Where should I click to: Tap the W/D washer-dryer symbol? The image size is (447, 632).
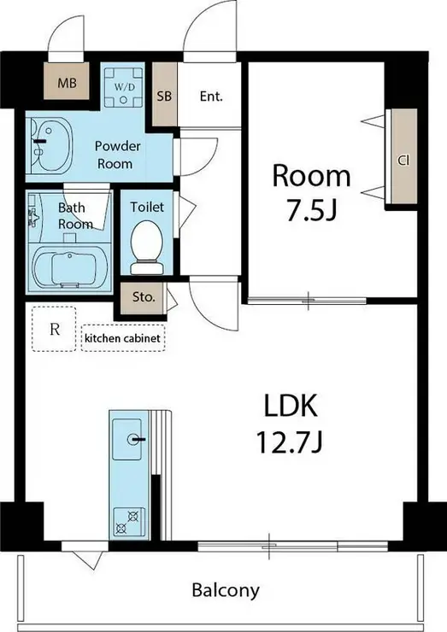coord(123,87)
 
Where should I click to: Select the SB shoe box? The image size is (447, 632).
coord(164,95)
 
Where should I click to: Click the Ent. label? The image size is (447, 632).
coord(211,97)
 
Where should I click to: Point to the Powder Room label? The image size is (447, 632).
coord(117,155)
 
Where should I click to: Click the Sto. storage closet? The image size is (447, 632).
coord(144,298)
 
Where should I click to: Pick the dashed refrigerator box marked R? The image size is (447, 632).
coord(54,330)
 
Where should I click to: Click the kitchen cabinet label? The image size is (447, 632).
coord(122,338)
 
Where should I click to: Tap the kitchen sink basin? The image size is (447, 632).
coord(127,439)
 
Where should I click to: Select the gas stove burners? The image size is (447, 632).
coord(127,522)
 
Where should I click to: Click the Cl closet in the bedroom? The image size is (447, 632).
coord(403,156)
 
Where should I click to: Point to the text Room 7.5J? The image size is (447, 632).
coord(311,193)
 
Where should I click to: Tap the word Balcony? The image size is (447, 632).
coord(226,590)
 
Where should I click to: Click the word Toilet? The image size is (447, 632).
coord(147,208)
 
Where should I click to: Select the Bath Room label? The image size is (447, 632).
coord(75,215)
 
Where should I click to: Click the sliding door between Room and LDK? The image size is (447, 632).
coord(308,301)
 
